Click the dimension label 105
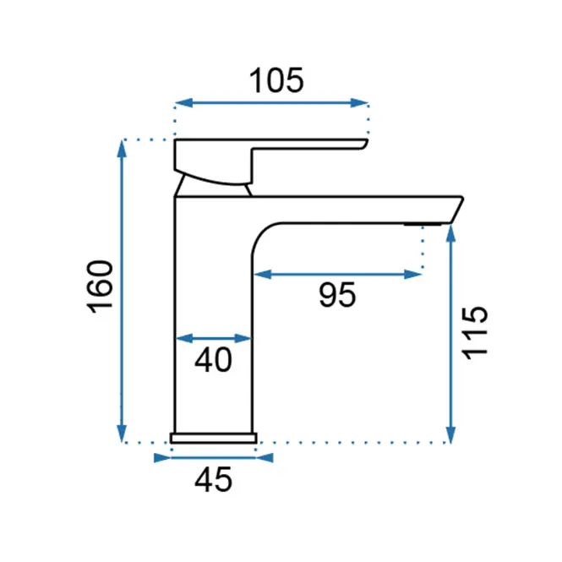[276, 80]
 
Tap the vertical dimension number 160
[100, 286]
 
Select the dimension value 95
[337, 295]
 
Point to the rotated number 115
[475, 333]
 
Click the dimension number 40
[213, 359]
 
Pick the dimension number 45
[213, 479]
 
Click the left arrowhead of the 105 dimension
[184, 103]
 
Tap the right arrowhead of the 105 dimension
[359, 103]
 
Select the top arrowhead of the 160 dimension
[122, 149]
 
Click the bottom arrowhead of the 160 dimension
[122, 434]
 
